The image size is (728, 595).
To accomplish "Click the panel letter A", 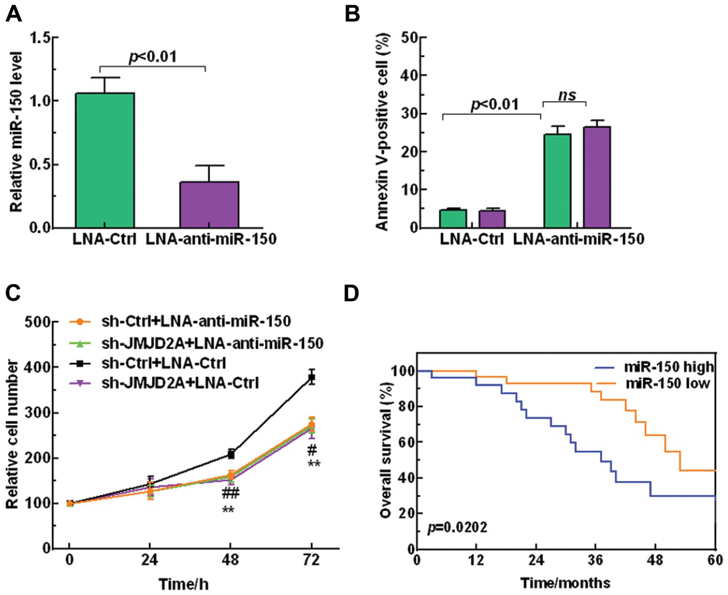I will (x=13, y=15).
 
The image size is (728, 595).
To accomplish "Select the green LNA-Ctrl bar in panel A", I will (x=105, y=160).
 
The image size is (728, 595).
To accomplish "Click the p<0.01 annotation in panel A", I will (x=153, y=56).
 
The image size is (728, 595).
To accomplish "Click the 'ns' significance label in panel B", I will (x=567, y=95).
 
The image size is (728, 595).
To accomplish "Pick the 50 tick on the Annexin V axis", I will (x=409, y=38).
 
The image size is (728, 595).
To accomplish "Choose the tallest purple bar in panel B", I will (x=597, y=177).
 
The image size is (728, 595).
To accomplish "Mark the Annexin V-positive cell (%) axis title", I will (x=382, y=132).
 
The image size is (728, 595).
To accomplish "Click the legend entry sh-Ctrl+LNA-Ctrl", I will (x=163, y=363).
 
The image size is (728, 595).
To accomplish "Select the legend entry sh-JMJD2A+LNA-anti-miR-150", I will (x=212, y=343).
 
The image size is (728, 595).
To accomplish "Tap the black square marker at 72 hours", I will (x=311, y=377).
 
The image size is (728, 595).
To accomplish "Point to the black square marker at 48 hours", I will (x=231, y=455).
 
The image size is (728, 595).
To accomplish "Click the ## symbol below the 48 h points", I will (x=230, y=494).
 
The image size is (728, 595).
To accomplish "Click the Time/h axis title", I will (x=183, y=584).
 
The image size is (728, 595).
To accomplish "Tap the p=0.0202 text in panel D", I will (x=457, y=528).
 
